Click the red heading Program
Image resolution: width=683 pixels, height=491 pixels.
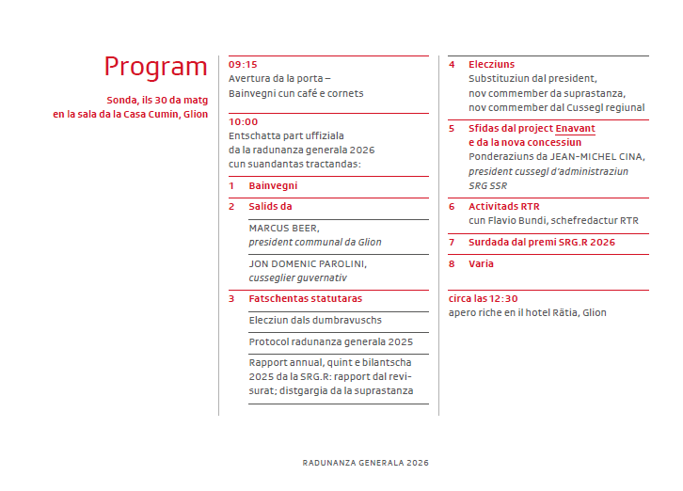(155, 67)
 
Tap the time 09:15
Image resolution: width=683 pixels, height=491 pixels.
(243, 64)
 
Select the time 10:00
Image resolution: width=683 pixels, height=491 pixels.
(243, 121)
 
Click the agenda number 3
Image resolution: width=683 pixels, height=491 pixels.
(231, 298)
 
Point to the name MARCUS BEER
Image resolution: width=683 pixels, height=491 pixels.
(284, 228)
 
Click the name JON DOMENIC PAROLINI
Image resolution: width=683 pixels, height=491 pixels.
(308, 263)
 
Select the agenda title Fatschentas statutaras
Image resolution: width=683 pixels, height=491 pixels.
(305, 298)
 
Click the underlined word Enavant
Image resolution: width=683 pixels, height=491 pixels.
(575, 128)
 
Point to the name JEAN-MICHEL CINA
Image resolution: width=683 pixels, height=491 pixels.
(581, 157)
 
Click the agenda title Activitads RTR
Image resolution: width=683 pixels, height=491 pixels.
(504, 206)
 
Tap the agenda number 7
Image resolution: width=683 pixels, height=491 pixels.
(452, 242)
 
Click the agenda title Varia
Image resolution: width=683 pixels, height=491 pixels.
(481, 263)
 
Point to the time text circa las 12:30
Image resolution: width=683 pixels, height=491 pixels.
(483, 298)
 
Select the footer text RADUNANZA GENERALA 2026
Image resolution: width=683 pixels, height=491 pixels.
(366, 463)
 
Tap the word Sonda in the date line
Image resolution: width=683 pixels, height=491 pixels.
(122, 100)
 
